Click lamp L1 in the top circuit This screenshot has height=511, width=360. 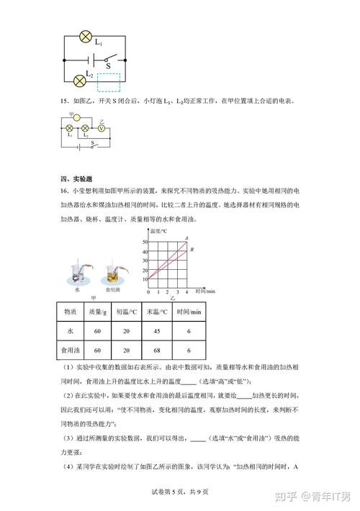86,35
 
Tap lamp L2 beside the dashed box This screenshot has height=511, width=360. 80,80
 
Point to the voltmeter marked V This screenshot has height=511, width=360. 102,129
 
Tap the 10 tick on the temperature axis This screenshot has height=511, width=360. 145,279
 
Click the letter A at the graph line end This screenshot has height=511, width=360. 186,238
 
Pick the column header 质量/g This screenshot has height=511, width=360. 99,312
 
